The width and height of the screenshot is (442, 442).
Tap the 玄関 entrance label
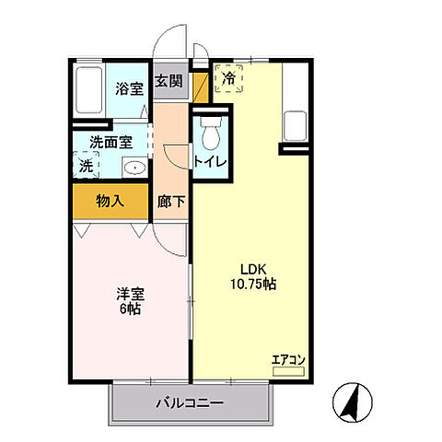pos(169,81)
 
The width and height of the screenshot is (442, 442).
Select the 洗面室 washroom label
pos(110,143)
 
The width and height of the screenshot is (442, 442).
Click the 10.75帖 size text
pos(250,285)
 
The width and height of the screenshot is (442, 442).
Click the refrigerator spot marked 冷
pos(227,79)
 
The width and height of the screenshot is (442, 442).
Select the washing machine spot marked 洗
pos(87,167)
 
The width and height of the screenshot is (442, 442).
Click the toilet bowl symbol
pos(209,134)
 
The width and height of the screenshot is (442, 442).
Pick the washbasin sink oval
pos(134,168)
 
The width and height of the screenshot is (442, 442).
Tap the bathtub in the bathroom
pos(88,90)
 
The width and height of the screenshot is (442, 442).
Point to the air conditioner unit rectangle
pos(289,370)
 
